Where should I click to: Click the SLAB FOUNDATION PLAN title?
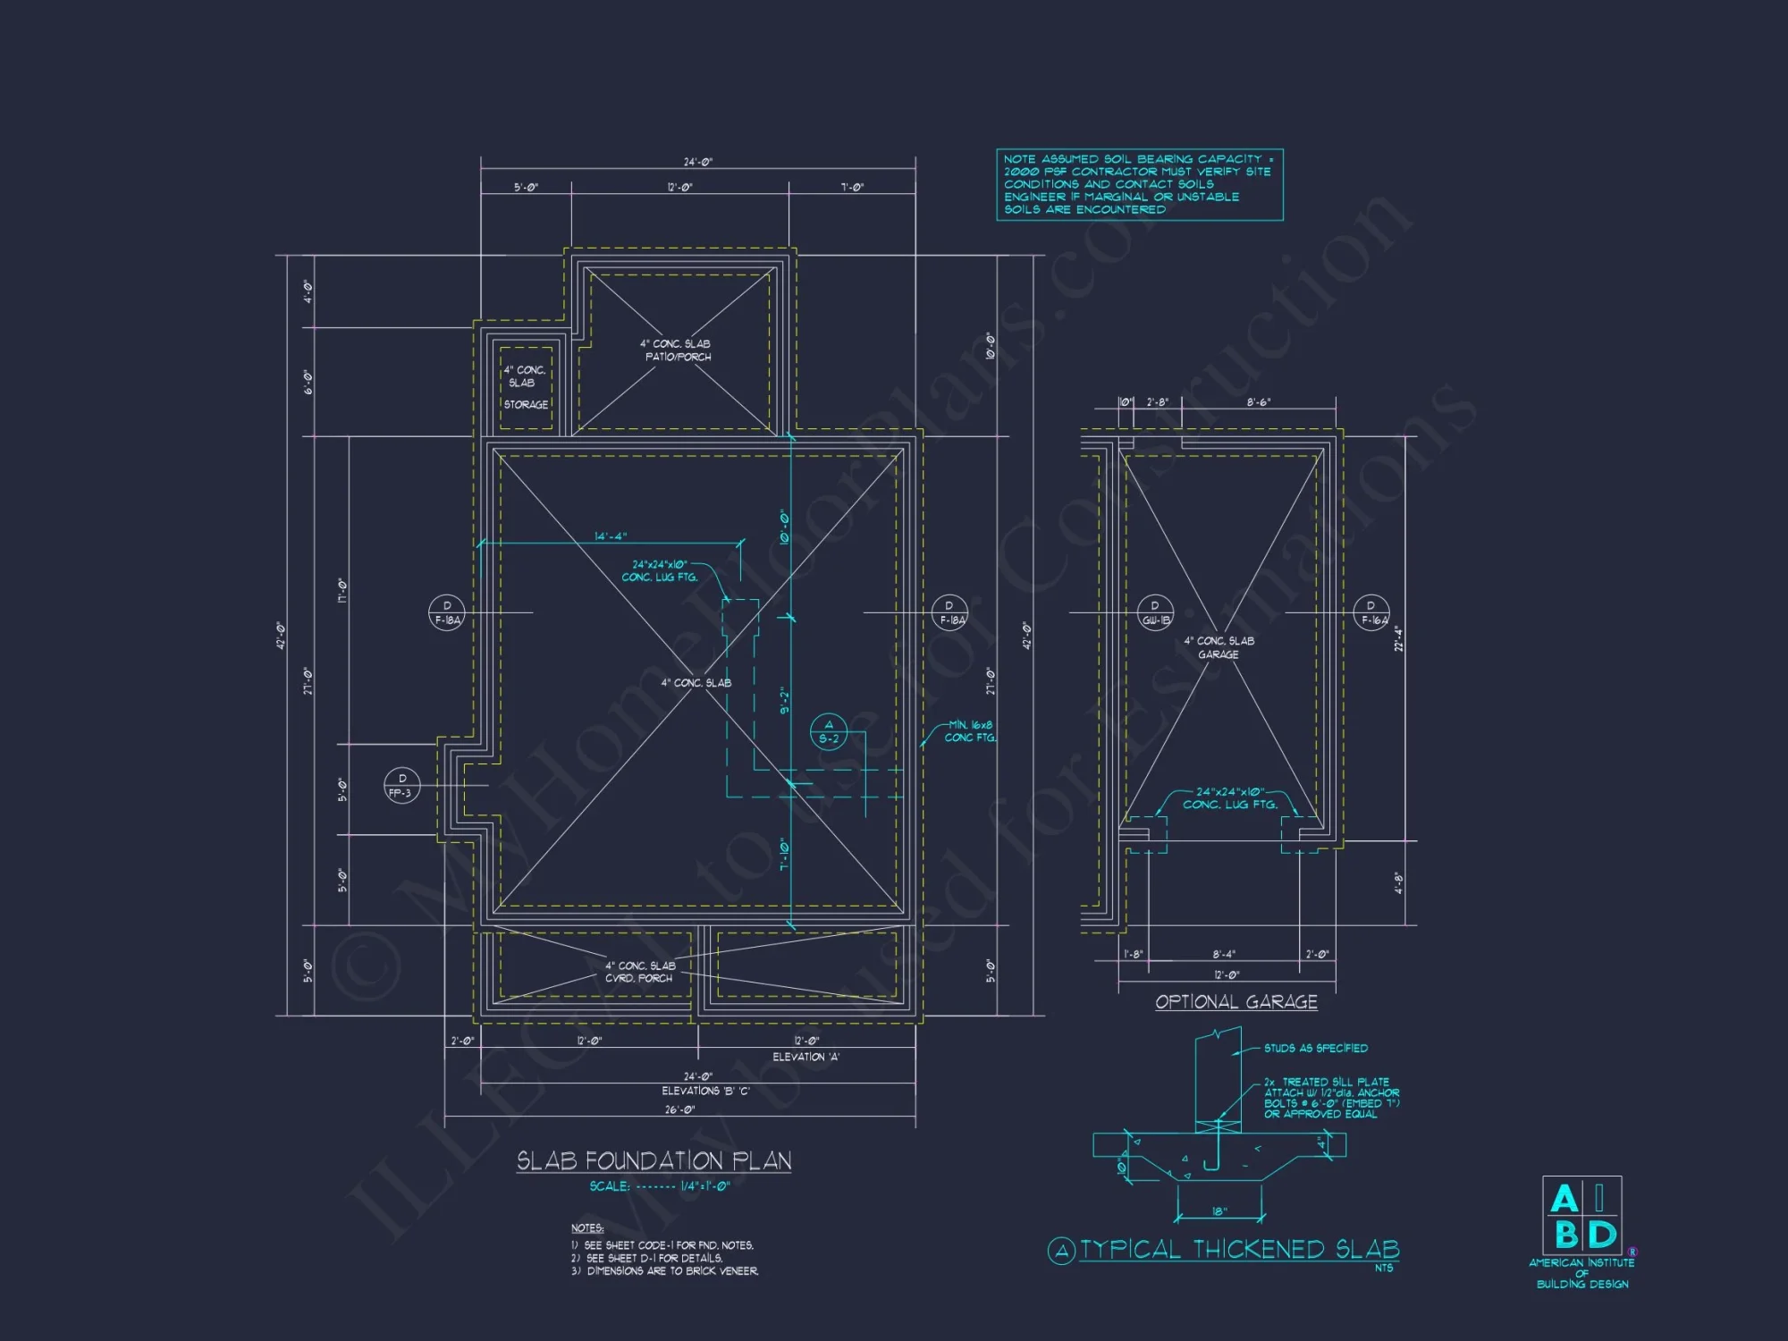pyautogui.click(x=654, y=1160)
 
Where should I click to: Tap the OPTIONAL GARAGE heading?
pyautogui.click(x=1236, y=1002)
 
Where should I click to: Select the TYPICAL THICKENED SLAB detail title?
pyautogui.click(x=1238, y=1249)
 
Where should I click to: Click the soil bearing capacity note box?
pyautogui.click(x=1139, y=184)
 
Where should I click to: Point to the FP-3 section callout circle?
pyautogui.click(x=401, y=786)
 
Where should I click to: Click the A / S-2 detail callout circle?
pyautogui.click(x=829, y=732)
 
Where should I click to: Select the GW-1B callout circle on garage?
pyautogui.click(x=1155, y=612)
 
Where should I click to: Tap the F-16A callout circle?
pyautogui.click(x=1371, y=612)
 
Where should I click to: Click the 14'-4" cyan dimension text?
pyautogui.click(x=611, y=536)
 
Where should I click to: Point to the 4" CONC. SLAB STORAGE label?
pyautogui.click(x=525, y=387)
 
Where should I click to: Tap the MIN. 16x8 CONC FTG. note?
pyautogui.click(x=970, y=731)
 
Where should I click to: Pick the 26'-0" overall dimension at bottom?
pyautogui.click(x=679, y=1109)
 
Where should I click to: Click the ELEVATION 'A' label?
pyautogui.click(x=805, y=1057)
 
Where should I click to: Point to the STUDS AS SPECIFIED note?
pyautogui.click(x=1315, y=1048)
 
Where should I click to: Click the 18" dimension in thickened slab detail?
pyautogui.click(x=1219, y=1211)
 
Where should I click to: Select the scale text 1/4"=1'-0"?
pyautogui.click(x=704, y=1186)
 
